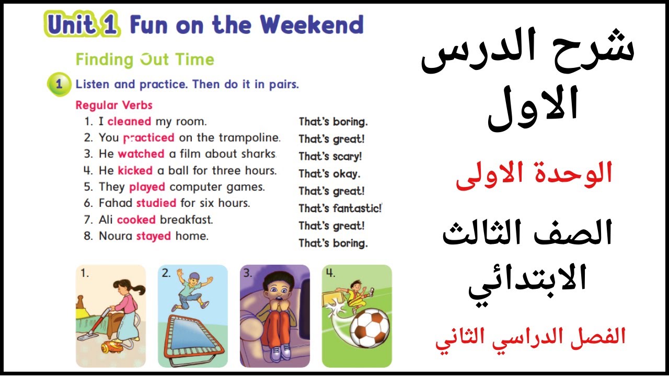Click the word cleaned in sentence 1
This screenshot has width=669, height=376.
coord(129,122)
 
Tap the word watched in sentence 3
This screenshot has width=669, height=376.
coord(141,154)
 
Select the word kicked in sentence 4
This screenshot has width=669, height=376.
coord(135,170)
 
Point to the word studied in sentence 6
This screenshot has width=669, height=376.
coord(156,203)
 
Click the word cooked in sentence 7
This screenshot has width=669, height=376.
coord(136,219)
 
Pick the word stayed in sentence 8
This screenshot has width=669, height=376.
coord(154,236)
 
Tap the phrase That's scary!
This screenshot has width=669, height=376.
coord(330,156)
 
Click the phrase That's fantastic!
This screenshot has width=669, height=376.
coord(340,208)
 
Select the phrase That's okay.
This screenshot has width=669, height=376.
coord(329,173)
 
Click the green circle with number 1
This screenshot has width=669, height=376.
coord(59,84)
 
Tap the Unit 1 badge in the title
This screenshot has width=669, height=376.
coord(83,25)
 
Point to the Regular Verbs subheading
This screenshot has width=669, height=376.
coord(114,105)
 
